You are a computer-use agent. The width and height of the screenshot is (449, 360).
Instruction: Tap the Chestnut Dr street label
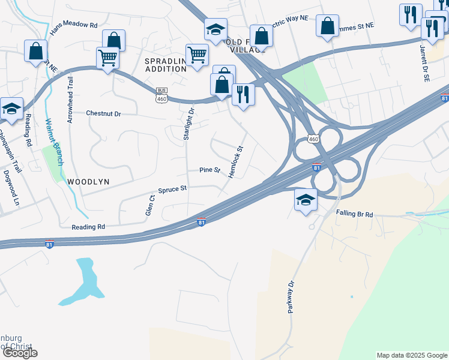click(x=103, y=113)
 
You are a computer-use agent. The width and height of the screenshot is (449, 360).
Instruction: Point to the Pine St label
click(x=209, y=170)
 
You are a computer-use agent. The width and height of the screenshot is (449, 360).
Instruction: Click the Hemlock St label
click(x=236, y=161)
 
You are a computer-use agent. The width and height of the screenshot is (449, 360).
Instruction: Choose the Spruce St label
click(x=173, y=188)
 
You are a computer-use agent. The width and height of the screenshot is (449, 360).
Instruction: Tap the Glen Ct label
click(x=149, y=205)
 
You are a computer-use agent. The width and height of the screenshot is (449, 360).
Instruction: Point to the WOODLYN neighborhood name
click(x=90, y=181)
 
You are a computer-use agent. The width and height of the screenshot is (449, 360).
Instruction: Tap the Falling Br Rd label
click(x=354, y=214)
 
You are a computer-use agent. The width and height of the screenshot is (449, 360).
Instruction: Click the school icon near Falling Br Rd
click(x=306, y=200)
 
